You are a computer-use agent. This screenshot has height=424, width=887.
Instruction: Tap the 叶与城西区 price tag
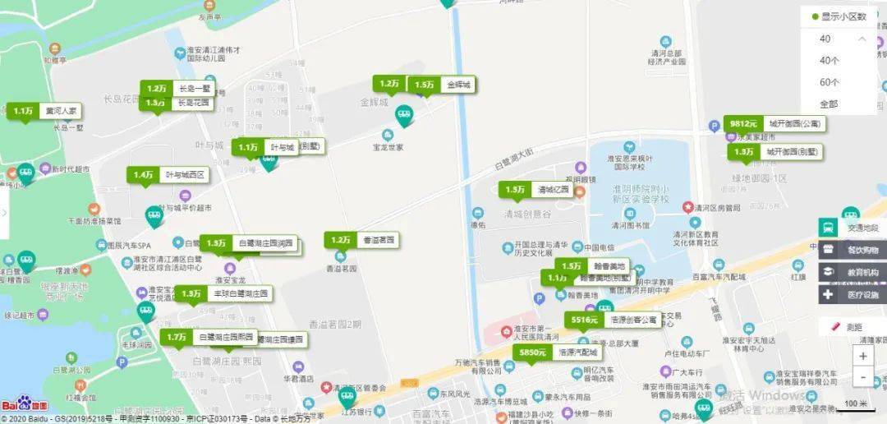[168, 175]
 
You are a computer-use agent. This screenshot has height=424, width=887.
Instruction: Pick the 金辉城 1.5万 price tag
[443, 85]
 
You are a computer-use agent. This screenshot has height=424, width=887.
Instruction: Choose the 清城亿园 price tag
[537, 190]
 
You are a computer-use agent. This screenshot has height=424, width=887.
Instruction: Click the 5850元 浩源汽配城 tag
[558, 353]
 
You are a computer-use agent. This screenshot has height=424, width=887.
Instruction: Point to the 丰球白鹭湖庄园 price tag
[223, 293]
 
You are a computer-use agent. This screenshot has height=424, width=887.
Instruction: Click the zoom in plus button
[862, 357]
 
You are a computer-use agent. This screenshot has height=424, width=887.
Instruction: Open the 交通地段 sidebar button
[853, 228]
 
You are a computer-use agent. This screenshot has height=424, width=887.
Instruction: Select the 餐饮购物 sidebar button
[853, 250]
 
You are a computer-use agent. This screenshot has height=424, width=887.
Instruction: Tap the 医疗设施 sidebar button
[853, 294]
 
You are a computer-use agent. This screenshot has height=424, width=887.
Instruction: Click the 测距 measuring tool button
[853, 327]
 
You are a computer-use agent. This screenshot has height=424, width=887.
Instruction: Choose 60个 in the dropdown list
[830, 82]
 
